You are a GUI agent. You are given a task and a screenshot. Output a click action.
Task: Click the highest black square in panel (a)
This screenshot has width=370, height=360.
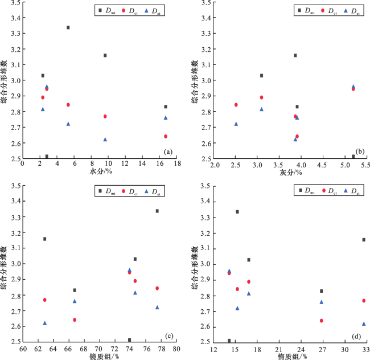click(68, 27)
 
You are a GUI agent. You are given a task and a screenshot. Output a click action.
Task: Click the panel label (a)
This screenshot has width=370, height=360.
click(167, 152)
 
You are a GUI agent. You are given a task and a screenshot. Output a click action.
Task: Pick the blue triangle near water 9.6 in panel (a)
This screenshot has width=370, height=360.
click(105, 139)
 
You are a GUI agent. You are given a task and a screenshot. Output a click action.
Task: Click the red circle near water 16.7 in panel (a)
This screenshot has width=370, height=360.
click(166, 136)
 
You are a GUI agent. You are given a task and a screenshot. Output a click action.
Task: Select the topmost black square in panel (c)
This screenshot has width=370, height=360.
click(157, 211)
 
